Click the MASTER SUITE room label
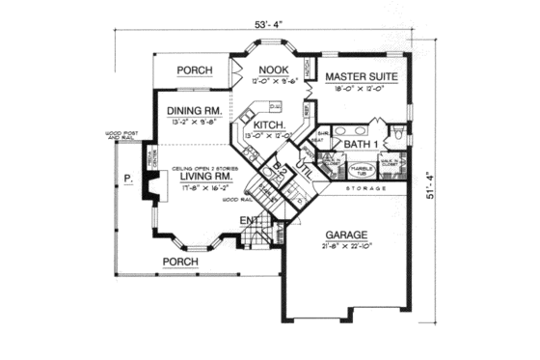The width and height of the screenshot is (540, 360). [x=362, y=75]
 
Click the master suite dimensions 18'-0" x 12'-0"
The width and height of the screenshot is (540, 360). [x=362, y=89]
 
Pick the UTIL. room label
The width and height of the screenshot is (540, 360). [x=301, y=171]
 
